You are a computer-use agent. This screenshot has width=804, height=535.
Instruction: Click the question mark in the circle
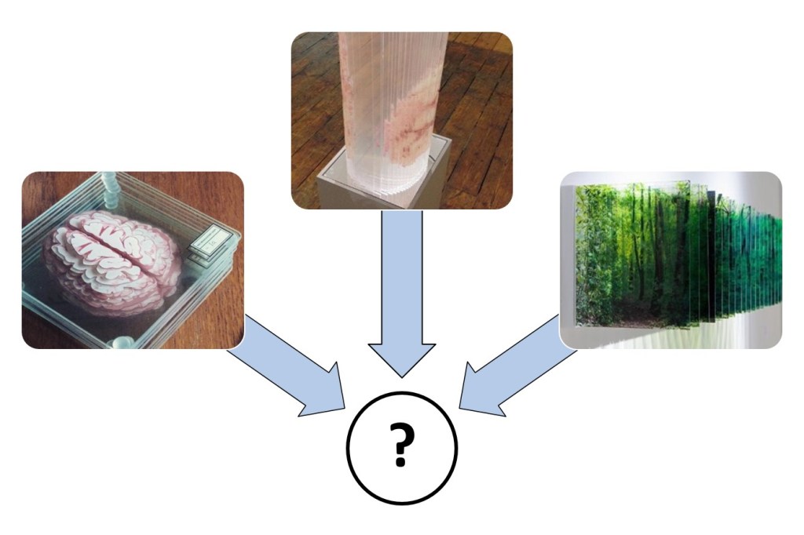[401, 444]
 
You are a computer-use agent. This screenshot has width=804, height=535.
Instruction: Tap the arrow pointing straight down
[402, 292]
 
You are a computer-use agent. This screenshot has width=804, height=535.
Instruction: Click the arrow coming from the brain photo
[287, 366]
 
